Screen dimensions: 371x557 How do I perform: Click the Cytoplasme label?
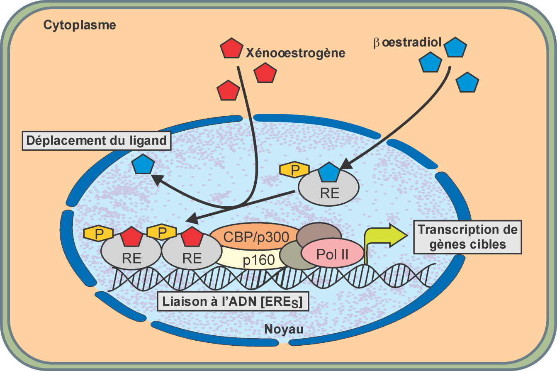pos(80,26)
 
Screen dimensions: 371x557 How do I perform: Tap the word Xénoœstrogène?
pos(295,53)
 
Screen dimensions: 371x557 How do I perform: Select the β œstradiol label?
pos(407,43)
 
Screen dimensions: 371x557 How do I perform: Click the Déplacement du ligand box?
pos(96,141)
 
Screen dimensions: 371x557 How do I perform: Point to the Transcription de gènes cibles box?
pos(467,237)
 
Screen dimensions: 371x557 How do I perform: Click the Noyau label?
pos(283,330)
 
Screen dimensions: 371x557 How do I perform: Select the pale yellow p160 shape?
pos(253,260)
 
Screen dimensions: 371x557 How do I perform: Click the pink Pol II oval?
pos(333,254)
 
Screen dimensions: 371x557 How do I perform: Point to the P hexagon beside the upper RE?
pos(294,170)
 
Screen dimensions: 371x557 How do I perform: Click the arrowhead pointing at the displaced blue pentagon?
pos(156,179)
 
